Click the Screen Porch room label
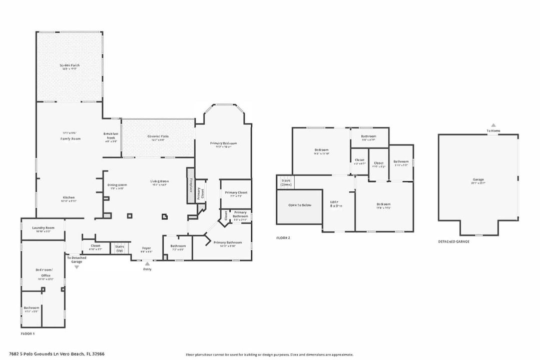(x=70, y=65)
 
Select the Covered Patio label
(x=157, y=136)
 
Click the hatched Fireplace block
(x=190, y=185)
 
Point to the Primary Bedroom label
(x=223, y=143)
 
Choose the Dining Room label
(x=117, y=185)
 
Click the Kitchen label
(x=69, y=197)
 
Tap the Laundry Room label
(x=43, y=228)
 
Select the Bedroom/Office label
(x=43, y=272)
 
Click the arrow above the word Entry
(x=147, y=263)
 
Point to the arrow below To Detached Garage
(x=77, y=267)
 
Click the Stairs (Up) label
(x=120, y=248)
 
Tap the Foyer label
(x=146, y=248)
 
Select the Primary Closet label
(x=236, y=192)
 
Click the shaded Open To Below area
(x=299, y=205)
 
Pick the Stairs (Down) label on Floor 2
(x=286, y=182)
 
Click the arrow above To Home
(x=493, y=125)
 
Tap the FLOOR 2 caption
(x=283, y=238)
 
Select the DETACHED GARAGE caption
(x=454, y=241)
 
